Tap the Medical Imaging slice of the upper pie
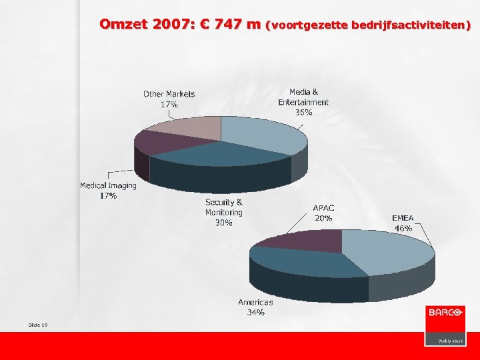pos(157,142)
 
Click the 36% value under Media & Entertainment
pos(303,113)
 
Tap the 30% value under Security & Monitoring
pos(224,223)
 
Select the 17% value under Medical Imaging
pos(108,196)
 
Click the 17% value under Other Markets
pos(169,105)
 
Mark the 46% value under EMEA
pos(403,228)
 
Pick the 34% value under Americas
pos(255,312)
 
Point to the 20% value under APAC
pos(324,218)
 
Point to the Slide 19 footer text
pos(38,325)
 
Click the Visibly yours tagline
pos(450,340)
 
